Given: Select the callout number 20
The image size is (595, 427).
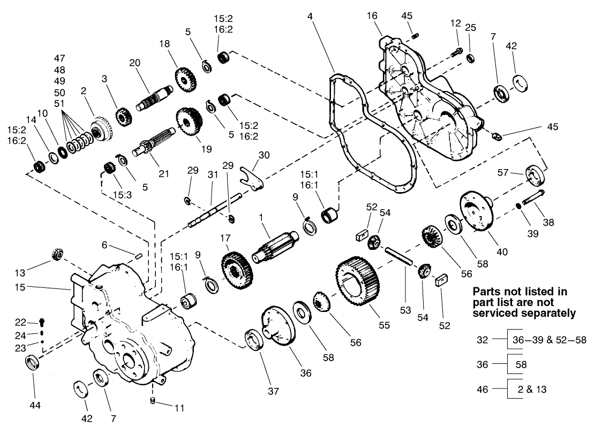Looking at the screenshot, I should pos(134,62).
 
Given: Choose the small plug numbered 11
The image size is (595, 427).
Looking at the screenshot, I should pos(152,400).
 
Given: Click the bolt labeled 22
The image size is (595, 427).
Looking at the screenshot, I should pos(43,323).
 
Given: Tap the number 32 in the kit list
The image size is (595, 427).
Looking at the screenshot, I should pos(482,339).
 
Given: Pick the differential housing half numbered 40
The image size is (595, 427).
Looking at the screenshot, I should pos(476,212).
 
